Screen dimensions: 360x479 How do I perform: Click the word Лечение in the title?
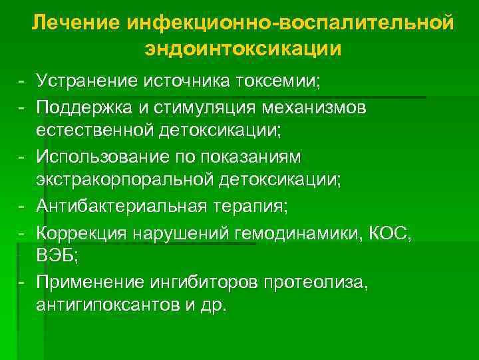point(75,24)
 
